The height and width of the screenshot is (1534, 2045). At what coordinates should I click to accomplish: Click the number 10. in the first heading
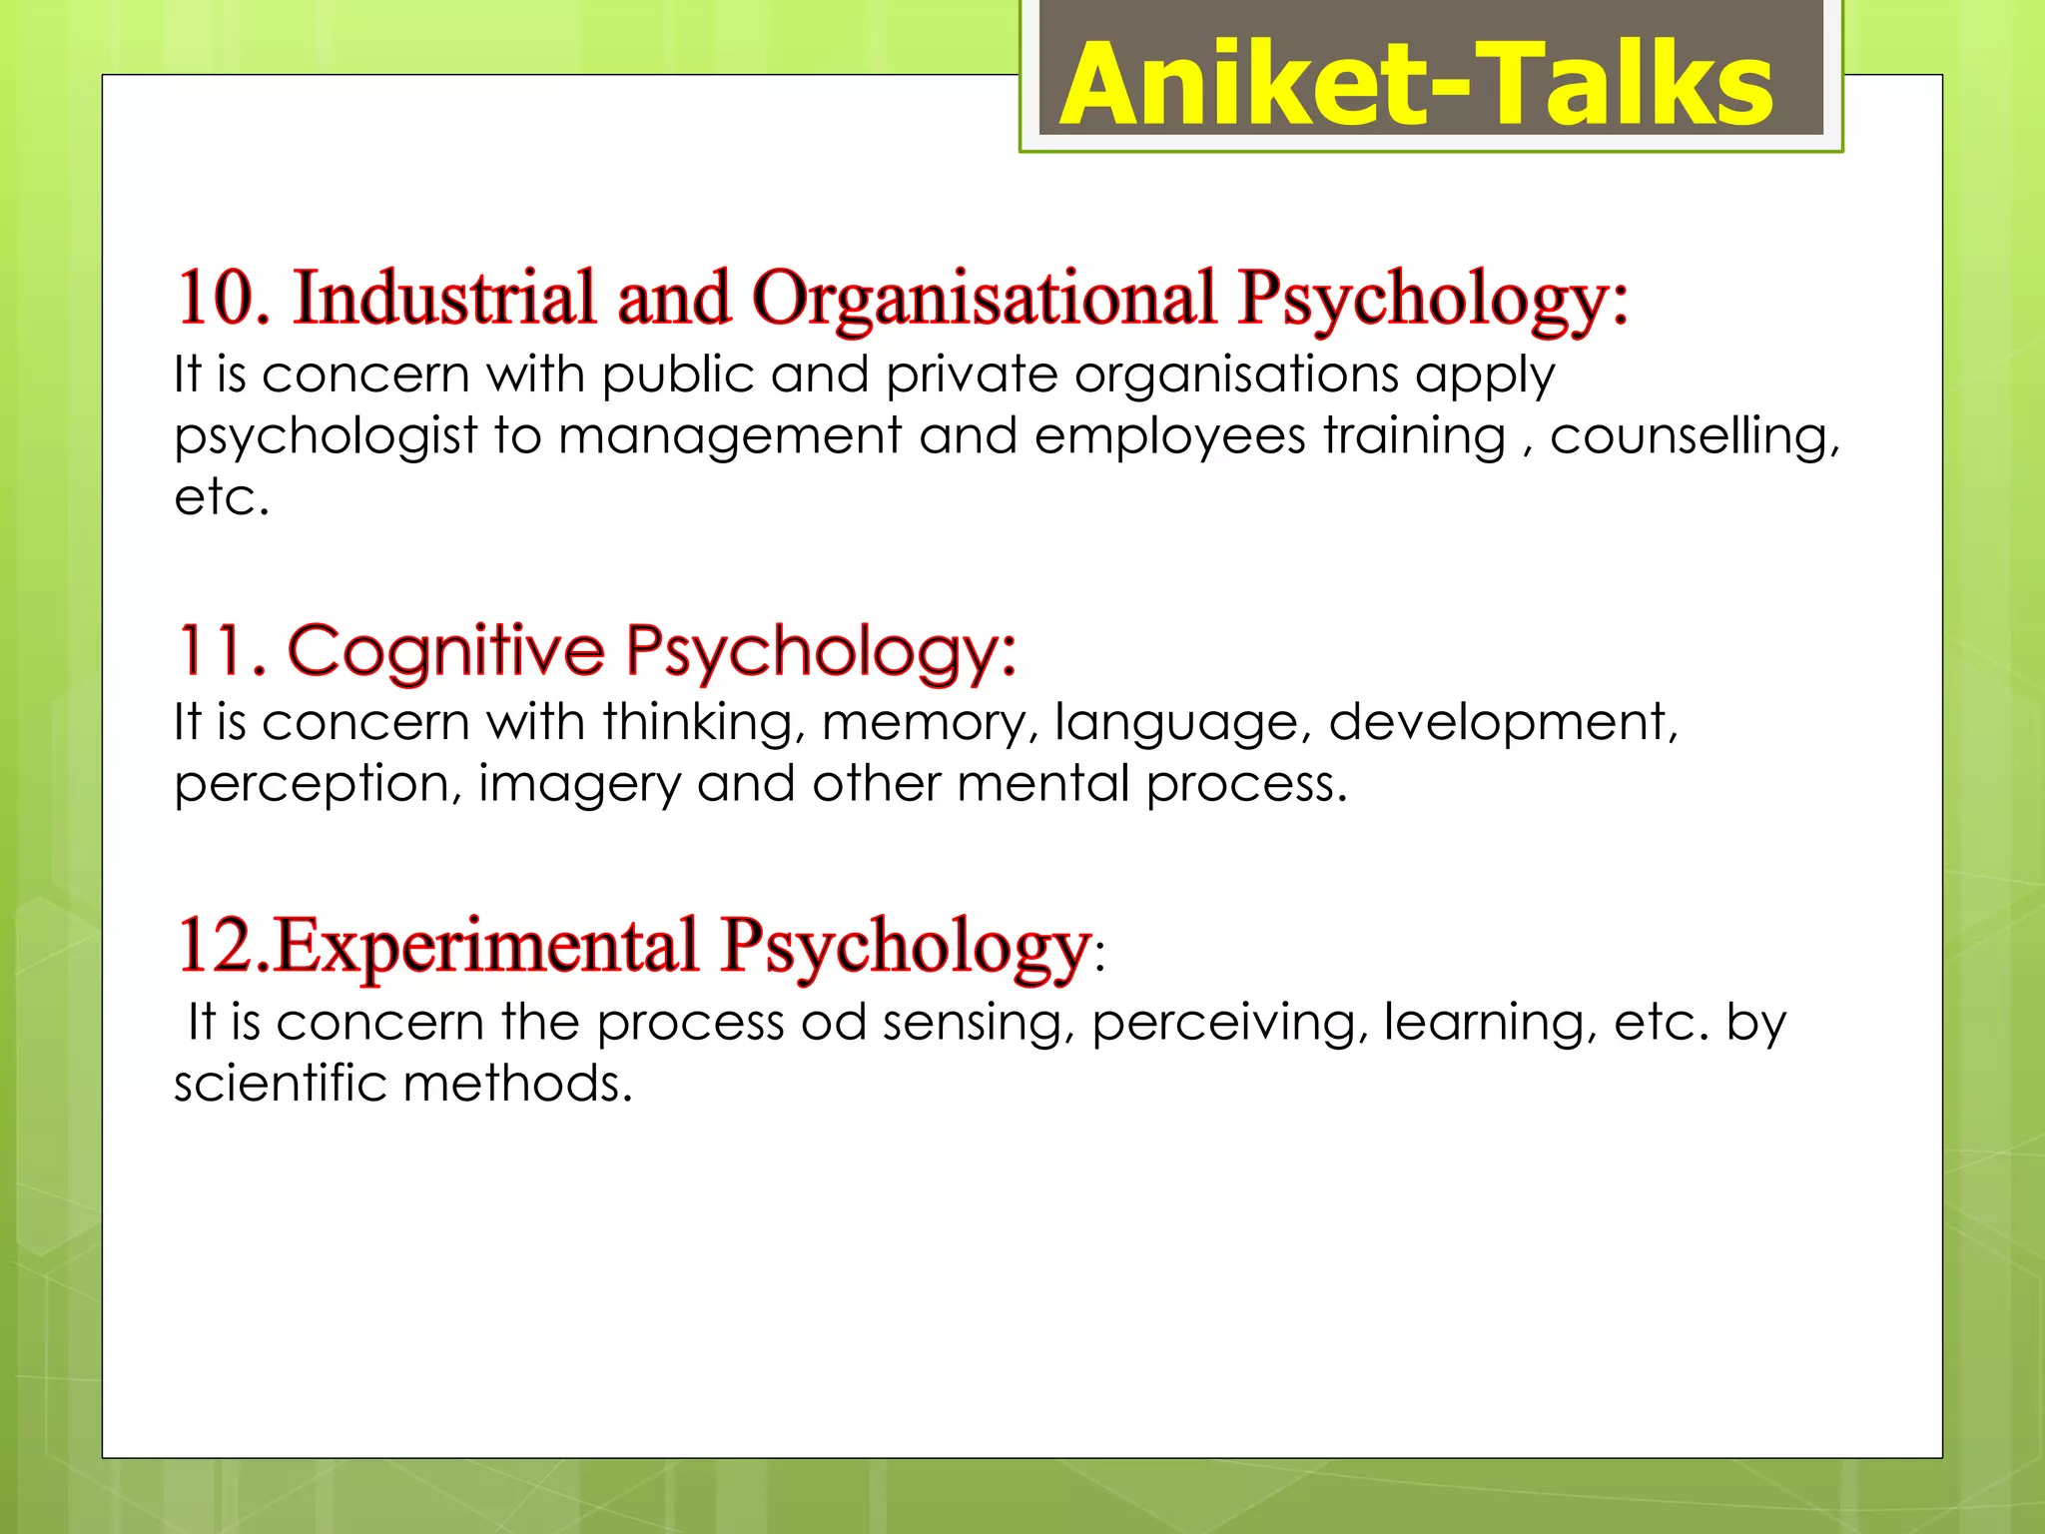click(224, 298)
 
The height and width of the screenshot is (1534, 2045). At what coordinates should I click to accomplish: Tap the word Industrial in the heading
click(444, 298)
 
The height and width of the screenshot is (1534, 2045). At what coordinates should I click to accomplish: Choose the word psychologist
click(326, 437)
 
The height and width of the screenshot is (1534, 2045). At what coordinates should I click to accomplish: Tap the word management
click(730, 437)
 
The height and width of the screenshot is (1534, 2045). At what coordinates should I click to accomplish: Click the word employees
click(1169, 437)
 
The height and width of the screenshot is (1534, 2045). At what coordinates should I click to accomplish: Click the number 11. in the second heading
click(222, 650)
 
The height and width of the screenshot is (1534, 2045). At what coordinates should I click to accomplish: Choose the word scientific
click(280, 1084)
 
